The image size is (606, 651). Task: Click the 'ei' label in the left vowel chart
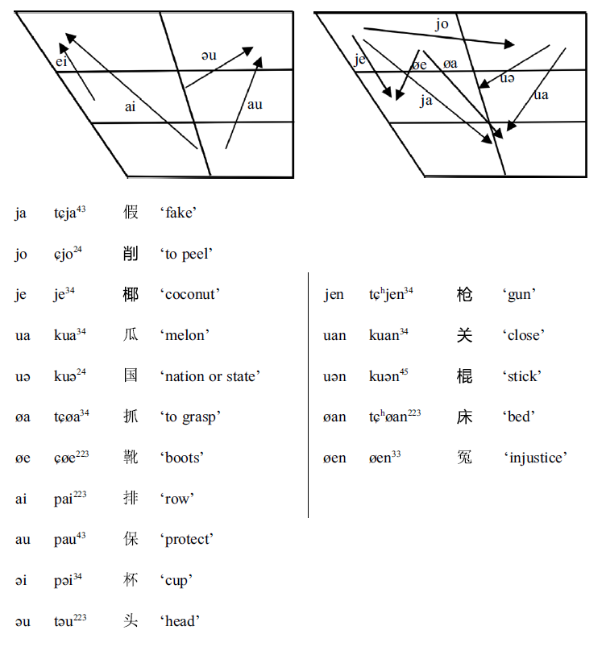[x=61, y=62]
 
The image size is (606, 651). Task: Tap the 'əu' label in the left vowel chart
[x=209, y=55]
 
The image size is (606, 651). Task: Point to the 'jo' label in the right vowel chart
[x=442, y=24]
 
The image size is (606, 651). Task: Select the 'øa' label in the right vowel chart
[x=450, y=64]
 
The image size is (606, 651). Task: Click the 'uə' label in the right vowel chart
[x=507, y=78]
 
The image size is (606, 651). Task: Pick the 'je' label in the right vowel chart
[x=359, y=59]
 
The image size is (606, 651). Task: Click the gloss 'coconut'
[x=189, y=295]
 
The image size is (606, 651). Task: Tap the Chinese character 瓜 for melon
[x=131, y=335]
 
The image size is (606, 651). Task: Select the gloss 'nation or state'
[x=210, y=376]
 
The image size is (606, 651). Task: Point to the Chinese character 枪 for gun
[x=464, y=294]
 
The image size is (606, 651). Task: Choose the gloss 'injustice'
[x=536, y=458]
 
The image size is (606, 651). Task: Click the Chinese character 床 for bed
[x=464, y=417]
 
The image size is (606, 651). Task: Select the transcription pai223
[x=70, y=498]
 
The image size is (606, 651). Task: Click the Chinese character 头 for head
[x=131, y=620]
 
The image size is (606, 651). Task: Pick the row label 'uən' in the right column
[x=334, y=376]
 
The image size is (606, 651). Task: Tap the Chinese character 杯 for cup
[x=131, y=580]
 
